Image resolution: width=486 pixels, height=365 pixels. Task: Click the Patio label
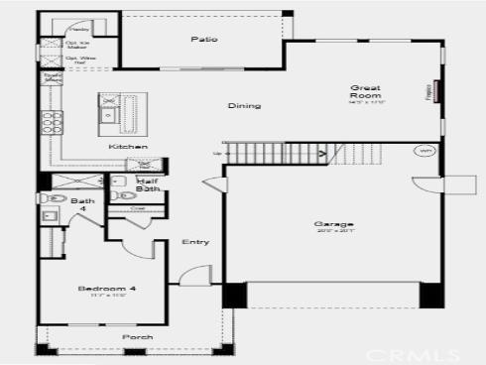[x=203, y=40]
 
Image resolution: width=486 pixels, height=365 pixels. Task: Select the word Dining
[x=244, y=106]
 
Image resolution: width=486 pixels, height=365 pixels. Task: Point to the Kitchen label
[x=128, y=147]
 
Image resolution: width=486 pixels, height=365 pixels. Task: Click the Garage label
[x=332, y=224]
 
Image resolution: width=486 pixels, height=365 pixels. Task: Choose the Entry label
[x=194, y=242]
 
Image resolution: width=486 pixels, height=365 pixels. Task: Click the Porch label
[x=137, y=337]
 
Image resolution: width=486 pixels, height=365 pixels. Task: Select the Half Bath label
[x=148, y=184]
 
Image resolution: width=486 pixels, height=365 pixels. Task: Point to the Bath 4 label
[x=83, y=205]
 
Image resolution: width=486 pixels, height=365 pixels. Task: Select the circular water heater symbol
[x=424, y=152]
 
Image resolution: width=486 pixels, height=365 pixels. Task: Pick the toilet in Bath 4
[x=50, y=213]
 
